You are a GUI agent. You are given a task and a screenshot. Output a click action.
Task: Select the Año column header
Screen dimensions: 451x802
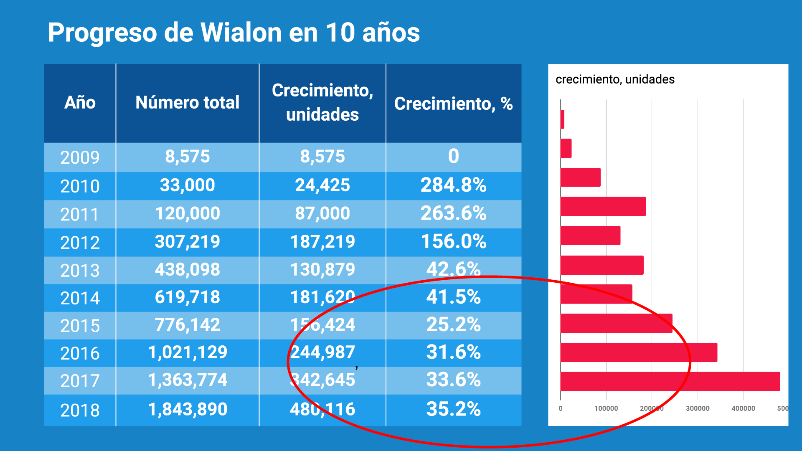coord(80,103)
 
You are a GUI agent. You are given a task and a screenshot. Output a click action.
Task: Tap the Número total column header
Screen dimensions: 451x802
coord(187,103)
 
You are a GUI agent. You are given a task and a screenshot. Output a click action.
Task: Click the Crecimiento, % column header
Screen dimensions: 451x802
coord(453,104)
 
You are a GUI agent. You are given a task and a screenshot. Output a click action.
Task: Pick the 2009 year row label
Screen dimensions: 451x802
coord(80,157)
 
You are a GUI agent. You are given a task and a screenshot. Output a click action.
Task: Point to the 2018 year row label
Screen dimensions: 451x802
coord(80,410)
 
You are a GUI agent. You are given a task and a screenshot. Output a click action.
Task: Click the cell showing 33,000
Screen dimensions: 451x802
coord(187,185)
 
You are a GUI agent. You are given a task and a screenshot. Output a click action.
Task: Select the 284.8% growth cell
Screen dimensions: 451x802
coord(453,185)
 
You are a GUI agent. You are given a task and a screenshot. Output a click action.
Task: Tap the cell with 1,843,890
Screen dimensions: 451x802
coord(187,409)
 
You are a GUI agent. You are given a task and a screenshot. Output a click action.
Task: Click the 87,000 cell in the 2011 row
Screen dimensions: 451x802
coord(322,213)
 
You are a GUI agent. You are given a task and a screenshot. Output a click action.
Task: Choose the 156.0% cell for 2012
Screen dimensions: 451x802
coord(453,241)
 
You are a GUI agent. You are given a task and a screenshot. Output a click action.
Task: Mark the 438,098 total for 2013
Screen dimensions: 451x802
coord(187,269)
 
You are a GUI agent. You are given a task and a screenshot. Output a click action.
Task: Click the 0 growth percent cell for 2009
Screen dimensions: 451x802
coord(453,157)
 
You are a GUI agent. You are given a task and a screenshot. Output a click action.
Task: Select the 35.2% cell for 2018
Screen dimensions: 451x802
coord(453,409)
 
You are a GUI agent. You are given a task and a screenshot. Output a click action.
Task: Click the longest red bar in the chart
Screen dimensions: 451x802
coord(670,381)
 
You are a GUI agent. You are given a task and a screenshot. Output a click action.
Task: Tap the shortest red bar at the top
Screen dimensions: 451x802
coord(562,119)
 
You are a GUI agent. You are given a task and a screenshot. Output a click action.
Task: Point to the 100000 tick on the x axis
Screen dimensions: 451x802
coord(606,408)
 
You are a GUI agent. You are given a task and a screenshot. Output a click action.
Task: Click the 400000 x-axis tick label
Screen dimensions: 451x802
coord(743,408)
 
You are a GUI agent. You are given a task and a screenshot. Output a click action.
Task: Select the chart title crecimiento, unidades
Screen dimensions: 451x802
coord(614,79)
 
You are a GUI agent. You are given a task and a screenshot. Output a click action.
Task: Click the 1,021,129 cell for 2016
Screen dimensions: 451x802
coord(187,352)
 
